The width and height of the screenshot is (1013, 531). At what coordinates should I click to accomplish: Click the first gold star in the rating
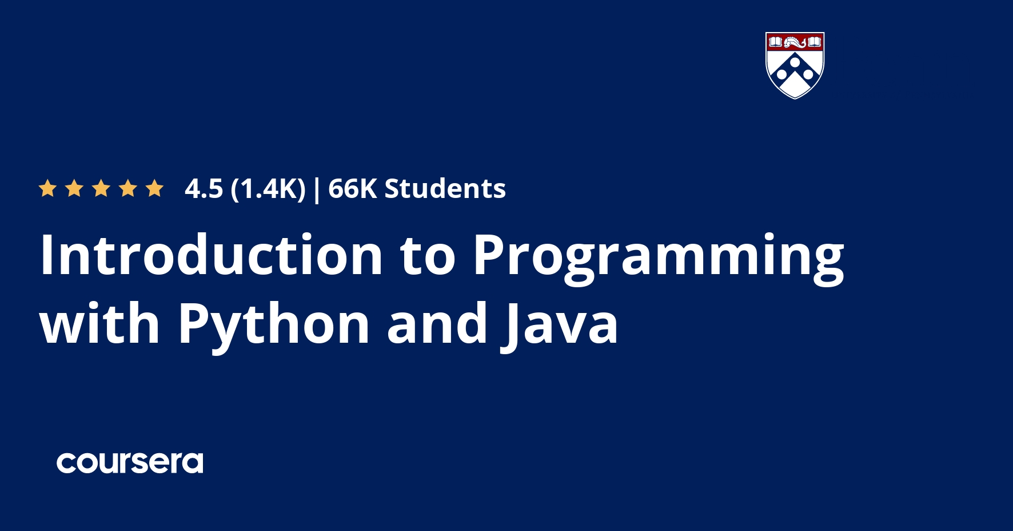coord(47,188)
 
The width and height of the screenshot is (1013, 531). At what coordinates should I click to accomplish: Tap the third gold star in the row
coord(101,188)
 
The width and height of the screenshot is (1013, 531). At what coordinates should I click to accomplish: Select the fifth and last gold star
coord(154,188)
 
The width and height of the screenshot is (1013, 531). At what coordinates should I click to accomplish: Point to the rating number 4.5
coord(204,189)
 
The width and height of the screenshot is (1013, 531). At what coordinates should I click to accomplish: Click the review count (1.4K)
coord(268,189)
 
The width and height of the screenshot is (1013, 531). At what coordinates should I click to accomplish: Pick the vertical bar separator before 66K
coord(317,190)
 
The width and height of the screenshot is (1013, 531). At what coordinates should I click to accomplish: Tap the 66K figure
coord(352,189)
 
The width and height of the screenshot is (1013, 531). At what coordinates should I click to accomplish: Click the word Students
coord(445,189)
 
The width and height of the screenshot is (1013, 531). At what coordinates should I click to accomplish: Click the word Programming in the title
coord(659,257)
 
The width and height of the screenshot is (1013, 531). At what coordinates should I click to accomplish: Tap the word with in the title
coord(100,324)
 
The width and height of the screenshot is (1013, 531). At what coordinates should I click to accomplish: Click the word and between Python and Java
coord(437,324)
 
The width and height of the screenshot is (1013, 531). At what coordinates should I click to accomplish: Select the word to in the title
coord(428,256)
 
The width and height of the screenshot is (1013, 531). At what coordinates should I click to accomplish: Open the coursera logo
coord(130,463)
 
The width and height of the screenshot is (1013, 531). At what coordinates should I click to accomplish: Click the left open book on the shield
coord(775,42)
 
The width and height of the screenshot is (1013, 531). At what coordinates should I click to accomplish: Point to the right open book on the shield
coord(815,42)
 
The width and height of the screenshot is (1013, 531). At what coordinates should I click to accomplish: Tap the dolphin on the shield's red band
coord(795,42)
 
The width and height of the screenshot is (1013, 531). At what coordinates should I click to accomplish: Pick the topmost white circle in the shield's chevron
coord(795,62)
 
